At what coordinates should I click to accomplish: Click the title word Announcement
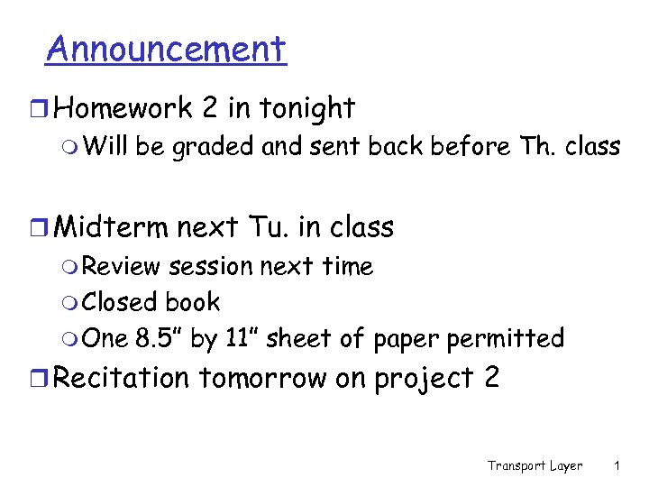166,49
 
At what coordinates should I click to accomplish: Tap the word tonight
307,109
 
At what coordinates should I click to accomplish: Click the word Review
122,266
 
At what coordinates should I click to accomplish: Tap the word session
211,266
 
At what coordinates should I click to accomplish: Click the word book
193,302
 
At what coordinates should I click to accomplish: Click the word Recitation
123,378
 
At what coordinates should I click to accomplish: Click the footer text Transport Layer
535,466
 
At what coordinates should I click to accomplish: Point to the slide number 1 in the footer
616,466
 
